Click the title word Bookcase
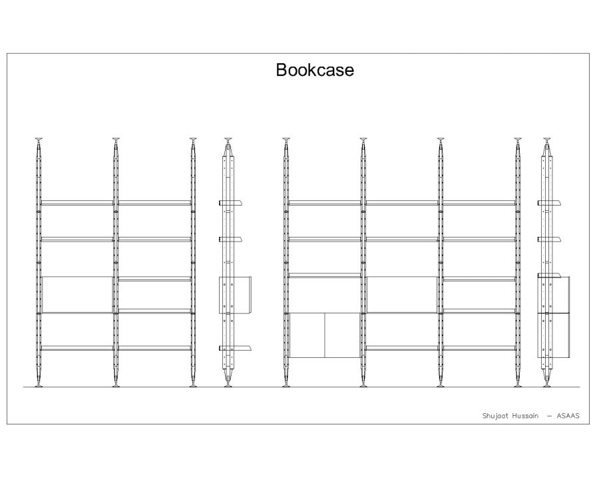point(315,70)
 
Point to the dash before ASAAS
point(549,416)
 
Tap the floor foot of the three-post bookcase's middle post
point(116,384)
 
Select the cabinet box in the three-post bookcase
point(77,293)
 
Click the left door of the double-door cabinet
point(307,335)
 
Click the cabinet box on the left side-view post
point(236,295)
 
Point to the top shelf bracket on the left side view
point(238,202)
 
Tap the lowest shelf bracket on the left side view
point(238,347)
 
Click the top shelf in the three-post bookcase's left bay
point(77,202)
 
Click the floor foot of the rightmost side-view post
point(547,384)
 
